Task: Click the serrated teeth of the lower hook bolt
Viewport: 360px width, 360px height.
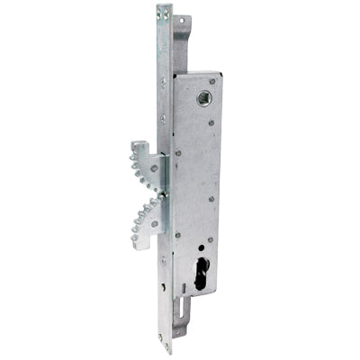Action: click(x=142, y=213)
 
